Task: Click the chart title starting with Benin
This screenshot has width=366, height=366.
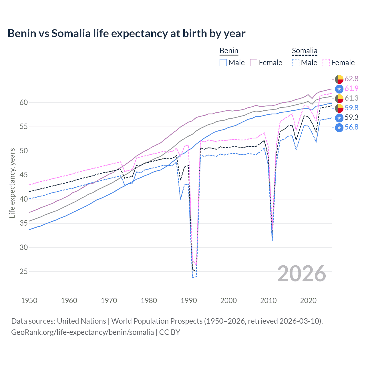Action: pos(126,33)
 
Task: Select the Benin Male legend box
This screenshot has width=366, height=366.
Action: pos(223,63)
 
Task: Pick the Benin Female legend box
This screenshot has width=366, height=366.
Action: pos(254,63)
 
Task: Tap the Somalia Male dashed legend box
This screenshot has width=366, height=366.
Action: pos(296,63)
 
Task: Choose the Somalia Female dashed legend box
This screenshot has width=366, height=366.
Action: pos(326,63)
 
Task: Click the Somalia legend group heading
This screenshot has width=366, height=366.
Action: pos(305,51)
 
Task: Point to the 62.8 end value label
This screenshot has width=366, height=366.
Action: pos(351,79)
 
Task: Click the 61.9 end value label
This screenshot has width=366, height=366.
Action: pos(351,89)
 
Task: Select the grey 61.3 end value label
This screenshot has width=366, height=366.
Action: pos(351,98)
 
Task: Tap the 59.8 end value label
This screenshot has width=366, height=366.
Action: pos(351,108)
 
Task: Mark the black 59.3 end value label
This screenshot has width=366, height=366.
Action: pos(351,118)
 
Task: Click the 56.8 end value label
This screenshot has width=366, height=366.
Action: pos(351,127)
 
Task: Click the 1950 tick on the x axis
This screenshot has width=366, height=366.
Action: pos(29,301)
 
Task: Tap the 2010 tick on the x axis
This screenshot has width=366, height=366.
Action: pos(268,301)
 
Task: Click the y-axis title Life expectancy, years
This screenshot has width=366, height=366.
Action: pos(12,183)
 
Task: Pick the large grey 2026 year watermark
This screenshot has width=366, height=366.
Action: pos(302,274)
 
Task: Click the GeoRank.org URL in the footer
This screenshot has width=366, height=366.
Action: pos(82,332)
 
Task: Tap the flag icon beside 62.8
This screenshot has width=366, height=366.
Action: pos(339,79)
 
